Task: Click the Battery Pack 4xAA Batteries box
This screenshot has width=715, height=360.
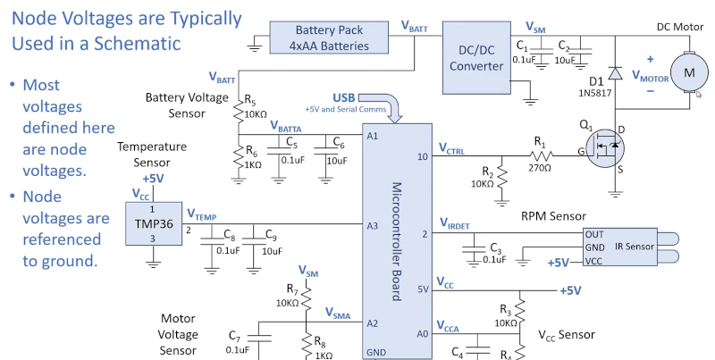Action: coord(329,38)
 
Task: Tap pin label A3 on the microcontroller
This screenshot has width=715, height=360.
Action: coord(373,225)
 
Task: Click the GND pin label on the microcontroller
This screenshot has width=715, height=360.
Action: coord(376,352)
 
